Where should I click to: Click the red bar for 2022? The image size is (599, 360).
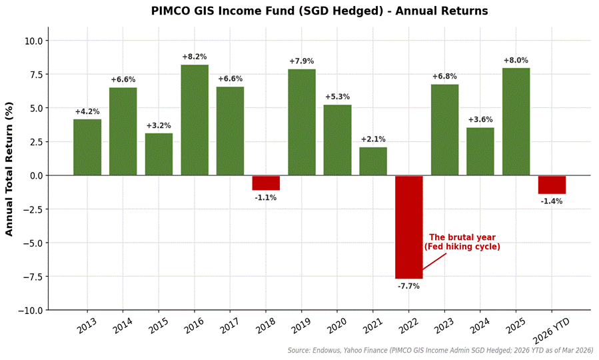click(x=408, y=227)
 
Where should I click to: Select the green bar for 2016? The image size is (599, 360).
click(x=195, y=120)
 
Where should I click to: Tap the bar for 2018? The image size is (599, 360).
click(x=266, y=183)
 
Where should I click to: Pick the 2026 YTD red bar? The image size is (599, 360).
click(x=552, y=185)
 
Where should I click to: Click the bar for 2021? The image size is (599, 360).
click(x=373, y=161)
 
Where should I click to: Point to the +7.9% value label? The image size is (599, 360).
click(x=301, y=61)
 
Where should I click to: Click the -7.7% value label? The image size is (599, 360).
click(x=408, y=286)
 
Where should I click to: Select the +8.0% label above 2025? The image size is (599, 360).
click(x=516, y=61)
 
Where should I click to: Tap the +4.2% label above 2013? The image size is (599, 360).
click(x=87, y=111)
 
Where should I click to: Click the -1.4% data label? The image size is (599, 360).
click(x=552, y=201)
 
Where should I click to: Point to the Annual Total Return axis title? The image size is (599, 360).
click(x=9, y=169)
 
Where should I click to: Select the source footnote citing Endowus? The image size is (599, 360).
click(x=440, y=350)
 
